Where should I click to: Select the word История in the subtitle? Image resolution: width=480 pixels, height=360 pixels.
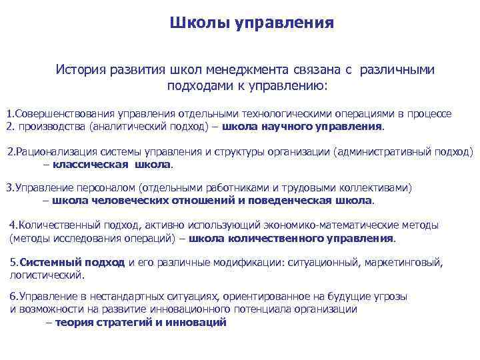[80, 69]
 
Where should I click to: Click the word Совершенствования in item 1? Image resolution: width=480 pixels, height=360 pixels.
[65, 114]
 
